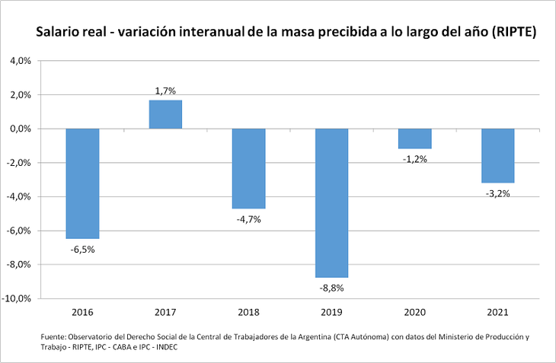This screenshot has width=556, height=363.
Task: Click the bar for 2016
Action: pyautogui.click(x=82, y=183)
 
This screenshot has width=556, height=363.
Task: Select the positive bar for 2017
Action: pyautogui.click(x=165, y=114)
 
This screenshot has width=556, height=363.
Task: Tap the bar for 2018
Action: pyautogui.click(x=248, y=168)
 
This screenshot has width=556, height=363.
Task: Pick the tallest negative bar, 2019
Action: pyautogui.click(x=332, y=203)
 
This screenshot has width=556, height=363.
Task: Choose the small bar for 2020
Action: pyautogui.click(x=415, y=139)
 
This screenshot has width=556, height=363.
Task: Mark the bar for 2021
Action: pyautogui.click(x=498, y=155)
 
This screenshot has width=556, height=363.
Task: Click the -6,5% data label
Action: pyautogui.click(x=82, y=249)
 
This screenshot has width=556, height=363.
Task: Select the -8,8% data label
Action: pyautogui.click(x=332, y=288)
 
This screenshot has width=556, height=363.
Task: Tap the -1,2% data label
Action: pyautogui.click(x=415, y=159)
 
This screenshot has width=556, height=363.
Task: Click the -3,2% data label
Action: pyautogui.click(x=498, y=193)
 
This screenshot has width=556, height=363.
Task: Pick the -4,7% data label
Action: pyautogui.click(x=248, y=219)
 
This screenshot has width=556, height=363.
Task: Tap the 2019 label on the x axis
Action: pyautogui.click(x=332, y=312)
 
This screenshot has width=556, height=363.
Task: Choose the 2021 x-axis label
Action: pyautogui.click(x=498, y=312)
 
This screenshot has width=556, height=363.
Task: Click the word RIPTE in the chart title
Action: pyautogui.click(x=513, y=33)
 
